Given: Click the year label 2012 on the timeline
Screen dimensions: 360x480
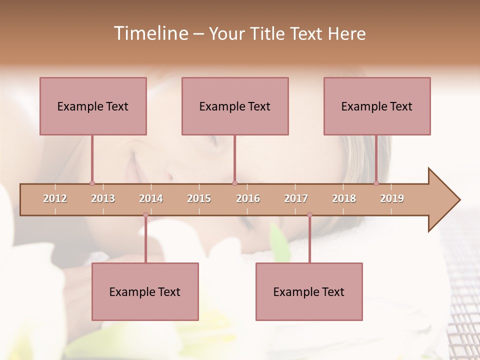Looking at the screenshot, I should [x=55, y=198].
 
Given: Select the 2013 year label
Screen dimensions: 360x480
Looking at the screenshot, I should [x=103, y=198].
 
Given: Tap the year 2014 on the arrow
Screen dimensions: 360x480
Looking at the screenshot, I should [x=151, y=198].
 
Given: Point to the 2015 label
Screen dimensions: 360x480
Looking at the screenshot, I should [x=199, y=198].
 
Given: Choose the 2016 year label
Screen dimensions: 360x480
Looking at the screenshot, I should [x=248, y=198].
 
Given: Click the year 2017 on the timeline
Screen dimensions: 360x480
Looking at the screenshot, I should [x=296, y=198].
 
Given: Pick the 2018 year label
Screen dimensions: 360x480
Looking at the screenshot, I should [x=344, y=198].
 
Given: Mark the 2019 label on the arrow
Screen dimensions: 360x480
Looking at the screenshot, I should [x=392, y=198].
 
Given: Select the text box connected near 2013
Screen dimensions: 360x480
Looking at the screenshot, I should [x=93, y=106].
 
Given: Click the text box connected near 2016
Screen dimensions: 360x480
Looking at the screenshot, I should [x=235, y=106].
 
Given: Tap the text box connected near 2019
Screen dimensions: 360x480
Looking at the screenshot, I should [x=377, y=106].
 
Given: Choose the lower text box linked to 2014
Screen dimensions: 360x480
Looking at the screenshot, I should [x=145, y=291].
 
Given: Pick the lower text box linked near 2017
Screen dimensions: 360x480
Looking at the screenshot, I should [x=309, y=291].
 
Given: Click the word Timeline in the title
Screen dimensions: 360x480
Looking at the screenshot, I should [x=150, y=33].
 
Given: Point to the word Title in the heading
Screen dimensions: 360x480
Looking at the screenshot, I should [x=269, y=34].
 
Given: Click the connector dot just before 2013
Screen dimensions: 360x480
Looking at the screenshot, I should [x=92, y=183].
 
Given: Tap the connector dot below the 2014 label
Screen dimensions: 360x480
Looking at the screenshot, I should [x=145, y=215].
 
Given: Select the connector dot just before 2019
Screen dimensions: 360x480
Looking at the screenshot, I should [x=376, y=183].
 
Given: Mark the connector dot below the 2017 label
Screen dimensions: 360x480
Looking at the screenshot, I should [x=309, y=215].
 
